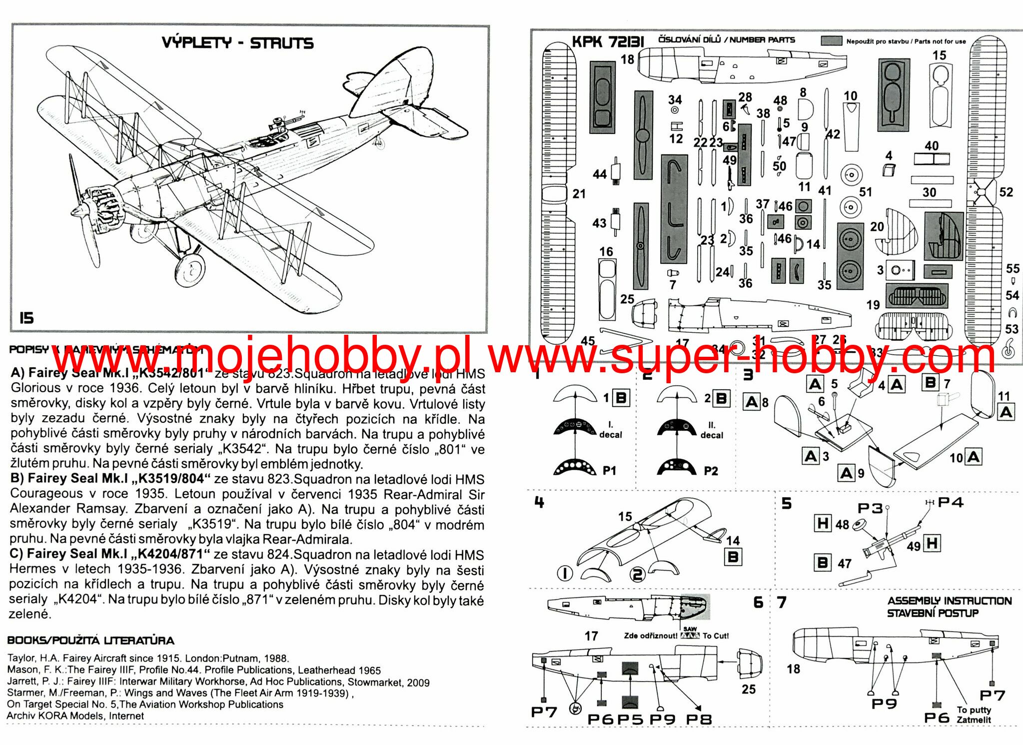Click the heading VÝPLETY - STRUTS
click(x=237, y=43)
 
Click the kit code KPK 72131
click(x=608, y=41)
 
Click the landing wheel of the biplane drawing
click(x=190, y=270)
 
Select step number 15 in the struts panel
click(x=26, y=318)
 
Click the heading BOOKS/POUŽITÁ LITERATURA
click(x=91, y=641)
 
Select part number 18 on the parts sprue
click(x=627, y=59)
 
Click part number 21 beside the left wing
click(x=579, y=194)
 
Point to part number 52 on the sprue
click(x=1006, y=192)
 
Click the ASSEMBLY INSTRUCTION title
click(x=950, y=601)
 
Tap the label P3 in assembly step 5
click(x=870, y=508)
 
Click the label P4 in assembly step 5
click(x=951, y=502)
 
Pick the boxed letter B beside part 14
click(x=733, y=557)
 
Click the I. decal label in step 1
click(x=610, y=430)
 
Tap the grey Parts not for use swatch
click(x=832, y=40)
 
